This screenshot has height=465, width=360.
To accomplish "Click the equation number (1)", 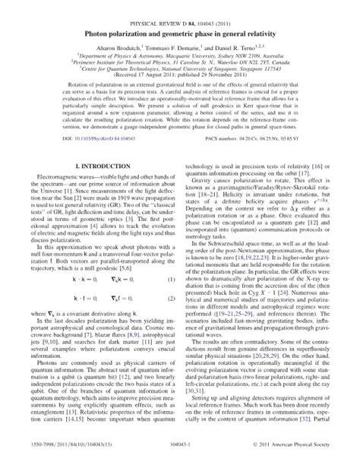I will tap(172, 260).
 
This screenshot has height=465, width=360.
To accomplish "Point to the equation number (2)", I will tap(172, 279).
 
